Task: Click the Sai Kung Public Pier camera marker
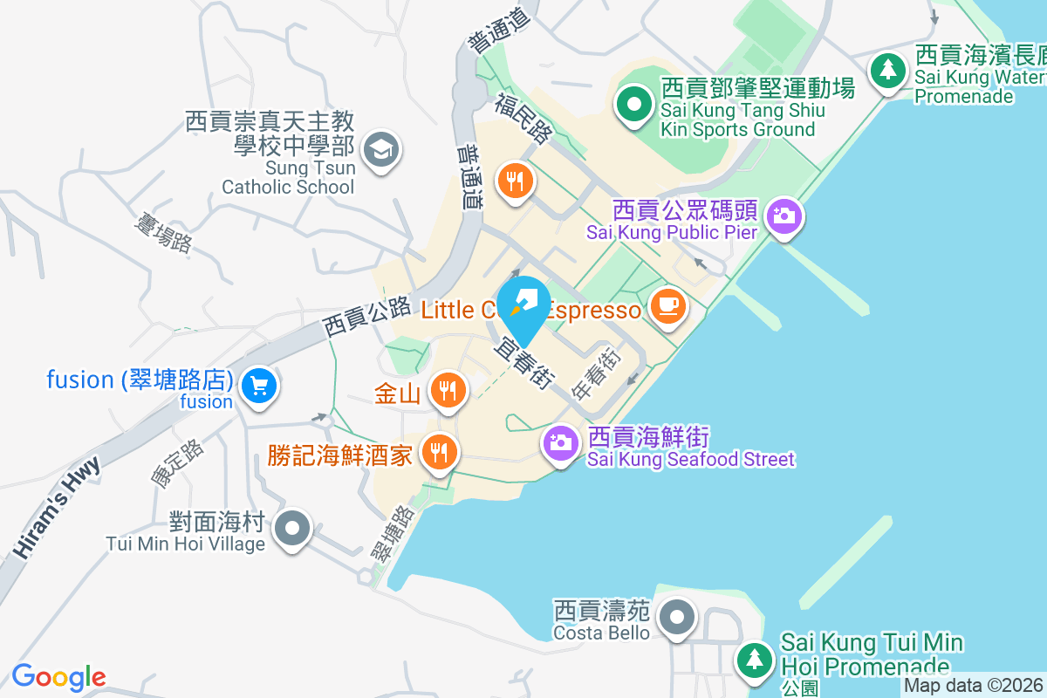[784, 215]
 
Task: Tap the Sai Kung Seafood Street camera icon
[559, 442]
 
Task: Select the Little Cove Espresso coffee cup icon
[667, 306]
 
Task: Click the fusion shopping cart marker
[258, 385]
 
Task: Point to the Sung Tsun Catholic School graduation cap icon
[380, 150]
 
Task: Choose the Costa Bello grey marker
[675, 619]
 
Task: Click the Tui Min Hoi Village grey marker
[291, 529]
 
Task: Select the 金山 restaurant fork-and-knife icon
[448, 390]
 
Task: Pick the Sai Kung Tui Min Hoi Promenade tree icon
[754, 658]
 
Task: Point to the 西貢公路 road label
[366, 317]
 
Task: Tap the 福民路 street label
[523, 119]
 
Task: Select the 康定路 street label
[177, 462]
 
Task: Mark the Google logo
[58, 677]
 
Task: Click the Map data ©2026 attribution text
[973, 686]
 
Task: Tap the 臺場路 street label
[161, 230]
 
